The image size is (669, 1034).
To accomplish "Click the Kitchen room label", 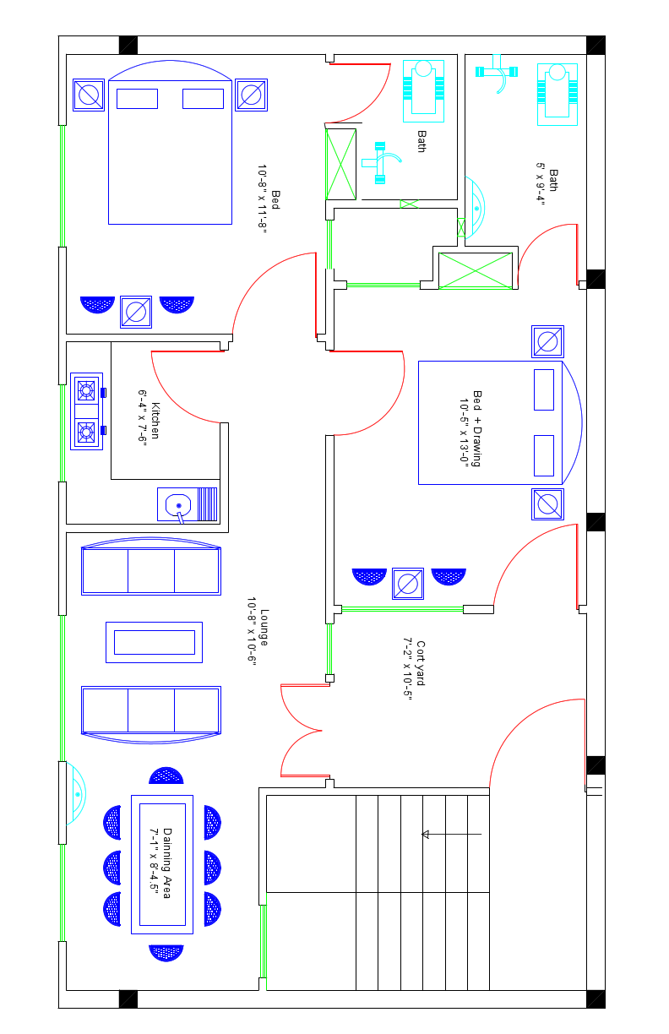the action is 155,421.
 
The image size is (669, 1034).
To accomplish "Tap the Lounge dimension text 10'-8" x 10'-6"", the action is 252,631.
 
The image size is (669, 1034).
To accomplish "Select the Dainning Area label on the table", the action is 167,863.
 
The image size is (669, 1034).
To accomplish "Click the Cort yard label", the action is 421,663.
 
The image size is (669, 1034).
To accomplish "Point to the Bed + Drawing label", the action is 477,429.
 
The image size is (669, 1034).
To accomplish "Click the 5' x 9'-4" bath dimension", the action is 541,183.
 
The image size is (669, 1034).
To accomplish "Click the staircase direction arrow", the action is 451,834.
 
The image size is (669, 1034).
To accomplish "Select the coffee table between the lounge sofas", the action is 155,642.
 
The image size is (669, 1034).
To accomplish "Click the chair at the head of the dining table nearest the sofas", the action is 166,776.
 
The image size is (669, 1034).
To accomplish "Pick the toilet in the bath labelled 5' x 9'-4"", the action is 557,94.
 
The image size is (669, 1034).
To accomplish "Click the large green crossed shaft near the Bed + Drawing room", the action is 475,271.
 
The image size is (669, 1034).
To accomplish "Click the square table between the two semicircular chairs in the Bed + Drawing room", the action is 408,584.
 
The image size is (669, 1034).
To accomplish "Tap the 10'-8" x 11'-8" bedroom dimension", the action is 262,199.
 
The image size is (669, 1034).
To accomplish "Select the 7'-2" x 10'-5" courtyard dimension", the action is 407,669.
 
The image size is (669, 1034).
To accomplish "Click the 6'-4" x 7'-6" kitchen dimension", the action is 143,418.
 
